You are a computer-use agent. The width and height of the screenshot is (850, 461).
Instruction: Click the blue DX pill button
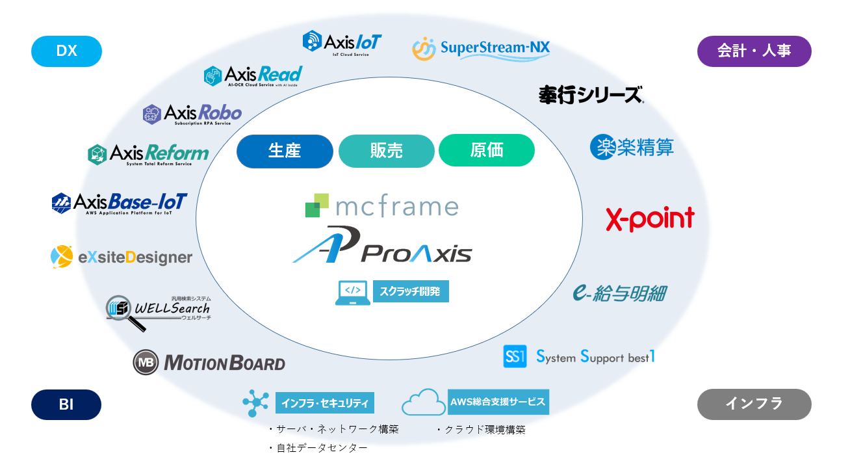tap(66, 51)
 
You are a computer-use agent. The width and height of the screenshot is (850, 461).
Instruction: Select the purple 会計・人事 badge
tap(754, 51)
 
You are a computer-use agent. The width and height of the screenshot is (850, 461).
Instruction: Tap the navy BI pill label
tap(66, 404)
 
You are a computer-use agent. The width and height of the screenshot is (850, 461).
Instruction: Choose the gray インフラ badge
tap(754, 404)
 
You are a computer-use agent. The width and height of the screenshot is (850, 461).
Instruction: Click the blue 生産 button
tap(285, 151)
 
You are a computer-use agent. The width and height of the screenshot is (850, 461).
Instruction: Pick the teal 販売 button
tap(386, 151)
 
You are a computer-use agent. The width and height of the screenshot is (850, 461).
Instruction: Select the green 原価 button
tap(486, 150)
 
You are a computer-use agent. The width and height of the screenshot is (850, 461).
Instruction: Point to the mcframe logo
tap(381, 205)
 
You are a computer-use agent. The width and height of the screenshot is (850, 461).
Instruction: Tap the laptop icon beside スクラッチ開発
tap(352, 293)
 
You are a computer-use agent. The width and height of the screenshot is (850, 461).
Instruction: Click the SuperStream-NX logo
tap(481, 48)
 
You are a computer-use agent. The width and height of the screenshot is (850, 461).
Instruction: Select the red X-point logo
tap(650, 219)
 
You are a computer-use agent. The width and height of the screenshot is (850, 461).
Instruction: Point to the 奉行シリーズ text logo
tap(591, 95)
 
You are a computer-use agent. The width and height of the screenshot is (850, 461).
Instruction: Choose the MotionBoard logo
tap(209, 362)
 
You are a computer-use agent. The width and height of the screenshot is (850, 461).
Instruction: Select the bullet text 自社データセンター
tap(318, 448)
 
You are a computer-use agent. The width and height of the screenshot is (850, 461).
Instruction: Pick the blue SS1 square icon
tap(515, 356)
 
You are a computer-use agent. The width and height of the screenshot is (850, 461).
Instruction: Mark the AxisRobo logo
tap(192, 114)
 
